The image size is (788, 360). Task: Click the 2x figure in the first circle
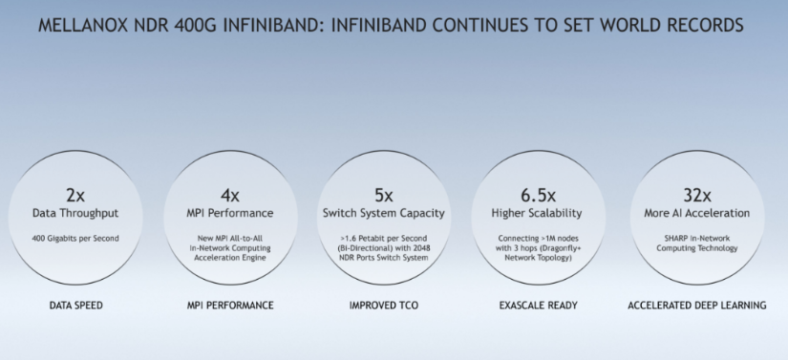[x=75, y=195]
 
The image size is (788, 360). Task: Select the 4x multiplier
[x=230, y=195]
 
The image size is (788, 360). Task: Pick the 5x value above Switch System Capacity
[x=383, y=195]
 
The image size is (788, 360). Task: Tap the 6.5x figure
[x=538, y=195]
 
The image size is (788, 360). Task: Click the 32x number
[x=697, y=195]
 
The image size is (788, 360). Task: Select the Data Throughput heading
[x=75, y=213]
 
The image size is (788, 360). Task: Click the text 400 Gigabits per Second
[x=75, y=239]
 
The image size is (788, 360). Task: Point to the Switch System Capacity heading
[x=383, y=213]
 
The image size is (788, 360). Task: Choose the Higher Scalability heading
[x=537, y=213]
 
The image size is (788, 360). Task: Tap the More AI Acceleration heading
[x=697, y=213]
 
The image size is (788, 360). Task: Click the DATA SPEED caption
[x=75, y=306]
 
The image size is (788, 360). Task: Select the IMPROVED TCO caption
[x=383, y=306]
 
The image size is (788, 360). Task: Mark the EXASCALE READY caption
[x=539, y=306]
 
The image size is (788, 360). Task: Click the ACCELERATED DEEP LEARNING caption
[x=697, y=306]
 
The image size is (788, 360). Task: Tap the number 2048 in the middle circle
[x=420, y=248]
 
